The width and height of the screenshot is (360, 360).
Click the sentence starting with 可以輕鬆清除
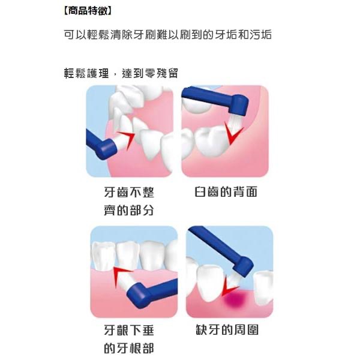tap(167, 35)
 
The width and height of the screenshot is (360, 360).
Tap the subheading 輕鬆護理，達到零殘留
tap(121, 73)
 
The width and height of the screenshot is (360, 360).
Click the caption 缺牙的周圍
tap(227, 330)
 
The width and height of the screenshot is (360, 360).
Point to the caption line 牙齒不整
tap(129, 192)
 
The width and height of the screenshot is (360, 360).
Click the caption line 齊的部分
tap(129, 211)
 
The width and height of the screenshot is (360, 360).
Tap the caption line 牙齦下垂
tap(129, 330)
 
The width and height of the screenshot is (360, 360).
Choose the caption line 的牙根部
tap(129, 349)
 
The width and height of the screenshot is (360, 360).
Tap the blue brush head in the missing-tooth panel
tap(242, 263)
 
